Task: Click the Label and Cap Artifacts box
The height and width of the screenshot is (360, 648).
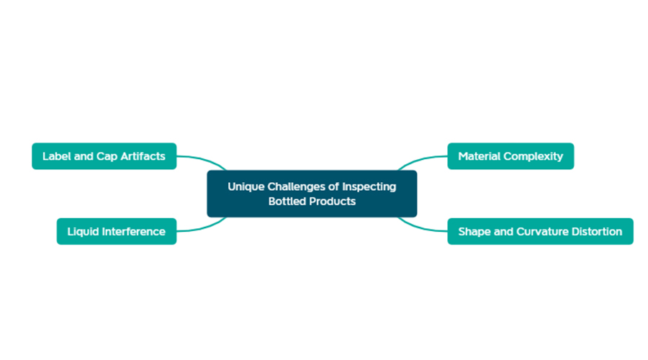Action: (104, 156)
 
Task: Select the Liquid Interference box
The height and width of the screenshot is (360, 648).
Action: (117, 231)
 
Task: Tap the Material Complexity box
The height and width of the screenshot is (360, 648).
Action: (510, 156)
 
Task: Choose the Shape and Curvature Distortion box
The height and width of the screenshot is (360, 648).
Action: (540, 231)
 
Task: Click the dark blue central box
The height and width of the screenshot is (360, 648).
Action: (312, 194)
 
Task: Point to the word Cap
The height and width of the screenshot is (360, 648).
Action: (107, 157)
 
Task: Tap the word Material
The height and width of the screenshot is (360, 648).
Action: (479, 156)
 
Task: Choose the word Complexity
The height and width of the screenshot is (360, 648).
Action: (533, 157)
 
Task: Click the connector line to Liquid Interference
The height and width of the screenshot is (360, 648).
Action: (202, 227)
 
